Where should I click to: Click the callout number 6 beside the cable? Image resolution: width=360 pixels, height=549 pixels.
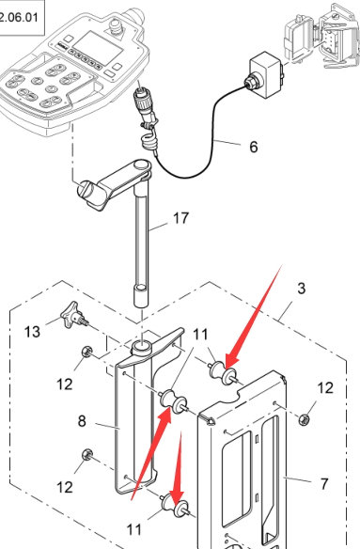pos(254,147)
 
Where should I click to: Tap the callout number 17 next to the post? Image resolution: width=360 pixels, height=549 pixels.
pos(181,218)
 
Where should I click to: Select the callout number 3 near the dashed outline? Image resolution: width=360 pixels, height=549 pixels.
pos(301,289)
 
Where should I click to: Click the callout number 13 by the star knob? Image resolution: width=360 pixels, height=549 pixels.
pos(32,331)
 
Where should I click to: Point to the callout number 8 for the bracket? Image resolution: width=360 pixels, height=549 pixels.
pos(82,421)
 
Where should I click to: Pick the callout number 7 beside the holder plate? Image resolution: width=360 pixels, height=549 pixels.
pos(324,484)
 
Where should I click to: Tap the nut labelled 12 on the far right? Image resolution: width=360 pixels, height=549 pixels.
pos(304,418)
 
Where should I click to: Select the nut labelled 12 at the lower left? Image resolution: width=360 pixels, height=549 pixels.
pos(86,455)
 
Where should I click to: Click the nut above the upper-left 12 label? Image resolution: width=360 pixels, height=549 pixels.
pos(86,352)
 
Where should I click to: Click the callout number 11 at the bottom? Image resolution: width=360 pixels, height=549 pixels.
pos(134,530)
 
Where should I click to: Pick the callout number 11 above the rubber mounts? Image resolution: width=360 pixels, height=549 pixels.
pos(200,335)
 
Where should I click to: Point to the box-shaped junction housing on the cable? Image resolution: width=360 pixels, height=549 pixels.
pos(266,74)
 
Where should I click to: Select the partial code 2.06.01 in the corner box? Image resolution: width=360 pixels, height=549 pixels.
pos(18,17)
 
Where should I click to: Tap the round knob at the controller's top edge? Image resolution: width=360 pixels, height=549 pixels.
pos(116,26)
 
